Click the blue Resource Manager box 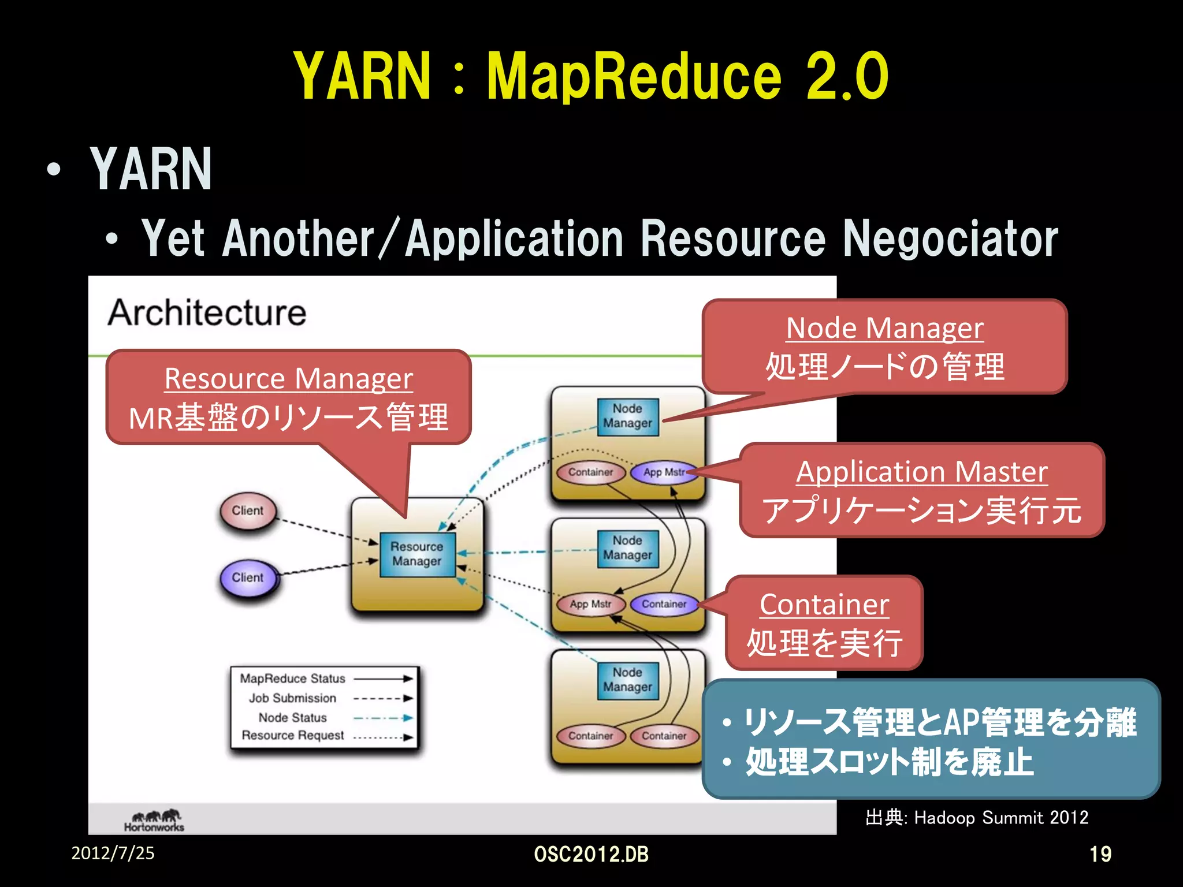[417, 554]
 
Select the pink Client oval [248, 511]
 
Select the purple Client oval [248, 578]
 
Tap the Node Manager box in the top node [627, 416]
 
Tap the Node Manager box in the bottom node [627, 680]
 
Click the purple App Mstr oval [663, 472]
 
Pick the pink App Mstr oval [590, 604]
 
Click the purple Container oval [664, 604]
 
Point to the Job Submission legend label [292, 698]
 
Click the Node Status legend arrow [383, 718]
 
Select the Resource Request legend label [292, 736]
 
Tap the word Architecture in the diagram [207, 313]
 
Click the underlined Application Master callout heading [921, 472]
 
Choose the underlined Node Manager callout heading [884, 328]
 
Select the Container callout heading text [824, 605]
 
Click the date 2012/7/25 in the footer [113, 853]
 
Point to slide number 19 [1100, 854]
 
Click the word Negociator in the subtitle [950, 238]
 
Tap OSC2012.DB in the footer [591, 854]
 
